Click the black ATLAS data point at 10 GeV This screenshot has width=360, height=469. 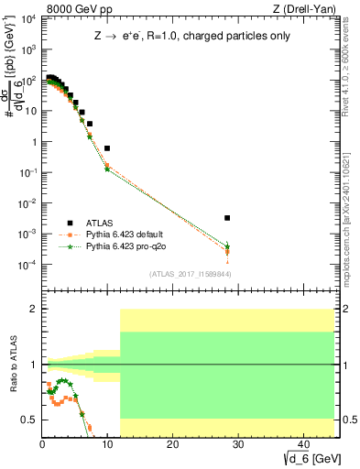[107, 147]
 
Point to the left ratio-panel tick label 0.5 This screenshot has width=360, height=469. [29, 420]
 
